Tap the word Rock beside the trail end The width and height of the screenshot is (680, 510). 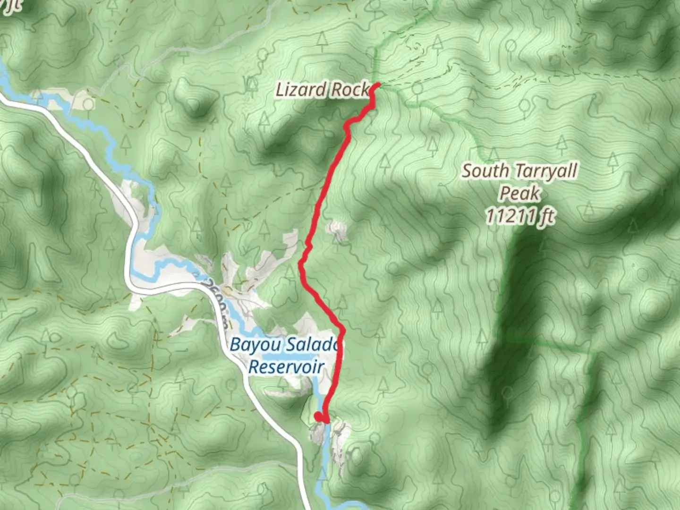pos(349,89)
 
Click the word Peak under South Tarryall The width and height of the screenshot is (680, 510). pos(519,193)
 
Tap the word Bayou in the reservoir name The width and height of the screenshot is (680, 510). pos(251,345)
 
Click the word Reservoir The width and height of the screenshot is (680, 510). pos(286,367)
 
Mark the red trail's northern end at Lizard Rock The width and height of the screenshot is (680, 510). pos(378,85)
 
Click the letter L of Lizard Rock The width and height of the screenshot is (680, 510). pos(280,89)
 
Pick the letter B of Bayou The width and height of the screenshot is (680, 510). pos(235,345)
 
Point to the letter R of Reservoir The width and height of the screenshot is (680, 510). pos(254,367)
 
